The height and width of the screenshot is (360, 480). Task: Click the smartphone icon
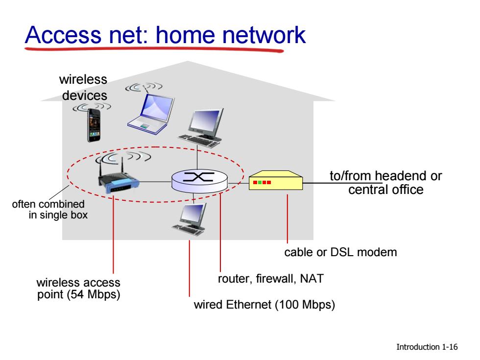tap(94, 125)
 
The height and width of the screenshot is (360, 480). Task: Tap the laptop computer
tap(151, 114)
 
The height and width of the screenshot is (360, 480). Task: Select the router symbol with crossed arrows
tap(200, 181)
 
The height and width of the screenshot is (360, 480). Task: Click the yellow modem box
tap(275, 180)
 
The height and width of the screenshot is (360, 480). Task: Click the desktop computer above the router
tap(200, 128)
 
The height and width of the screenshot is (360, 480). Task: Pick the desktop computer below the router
tap(190, 219)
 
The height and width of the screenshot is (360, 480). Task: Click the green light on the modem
tap(260, 182)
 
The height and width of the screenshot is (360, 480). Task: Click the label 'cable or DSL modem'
tap(340, 252)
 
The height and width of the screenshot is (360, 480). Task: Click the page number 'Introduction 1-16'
tap(427, 347)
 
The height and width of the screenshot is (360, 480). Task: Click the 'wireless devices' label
tap(84, 88)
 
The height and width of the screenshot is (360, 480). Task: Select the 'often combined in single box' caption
tap(50, 210)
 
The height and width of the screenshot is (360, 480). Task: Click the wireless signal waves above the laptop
tap(144, 87)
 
